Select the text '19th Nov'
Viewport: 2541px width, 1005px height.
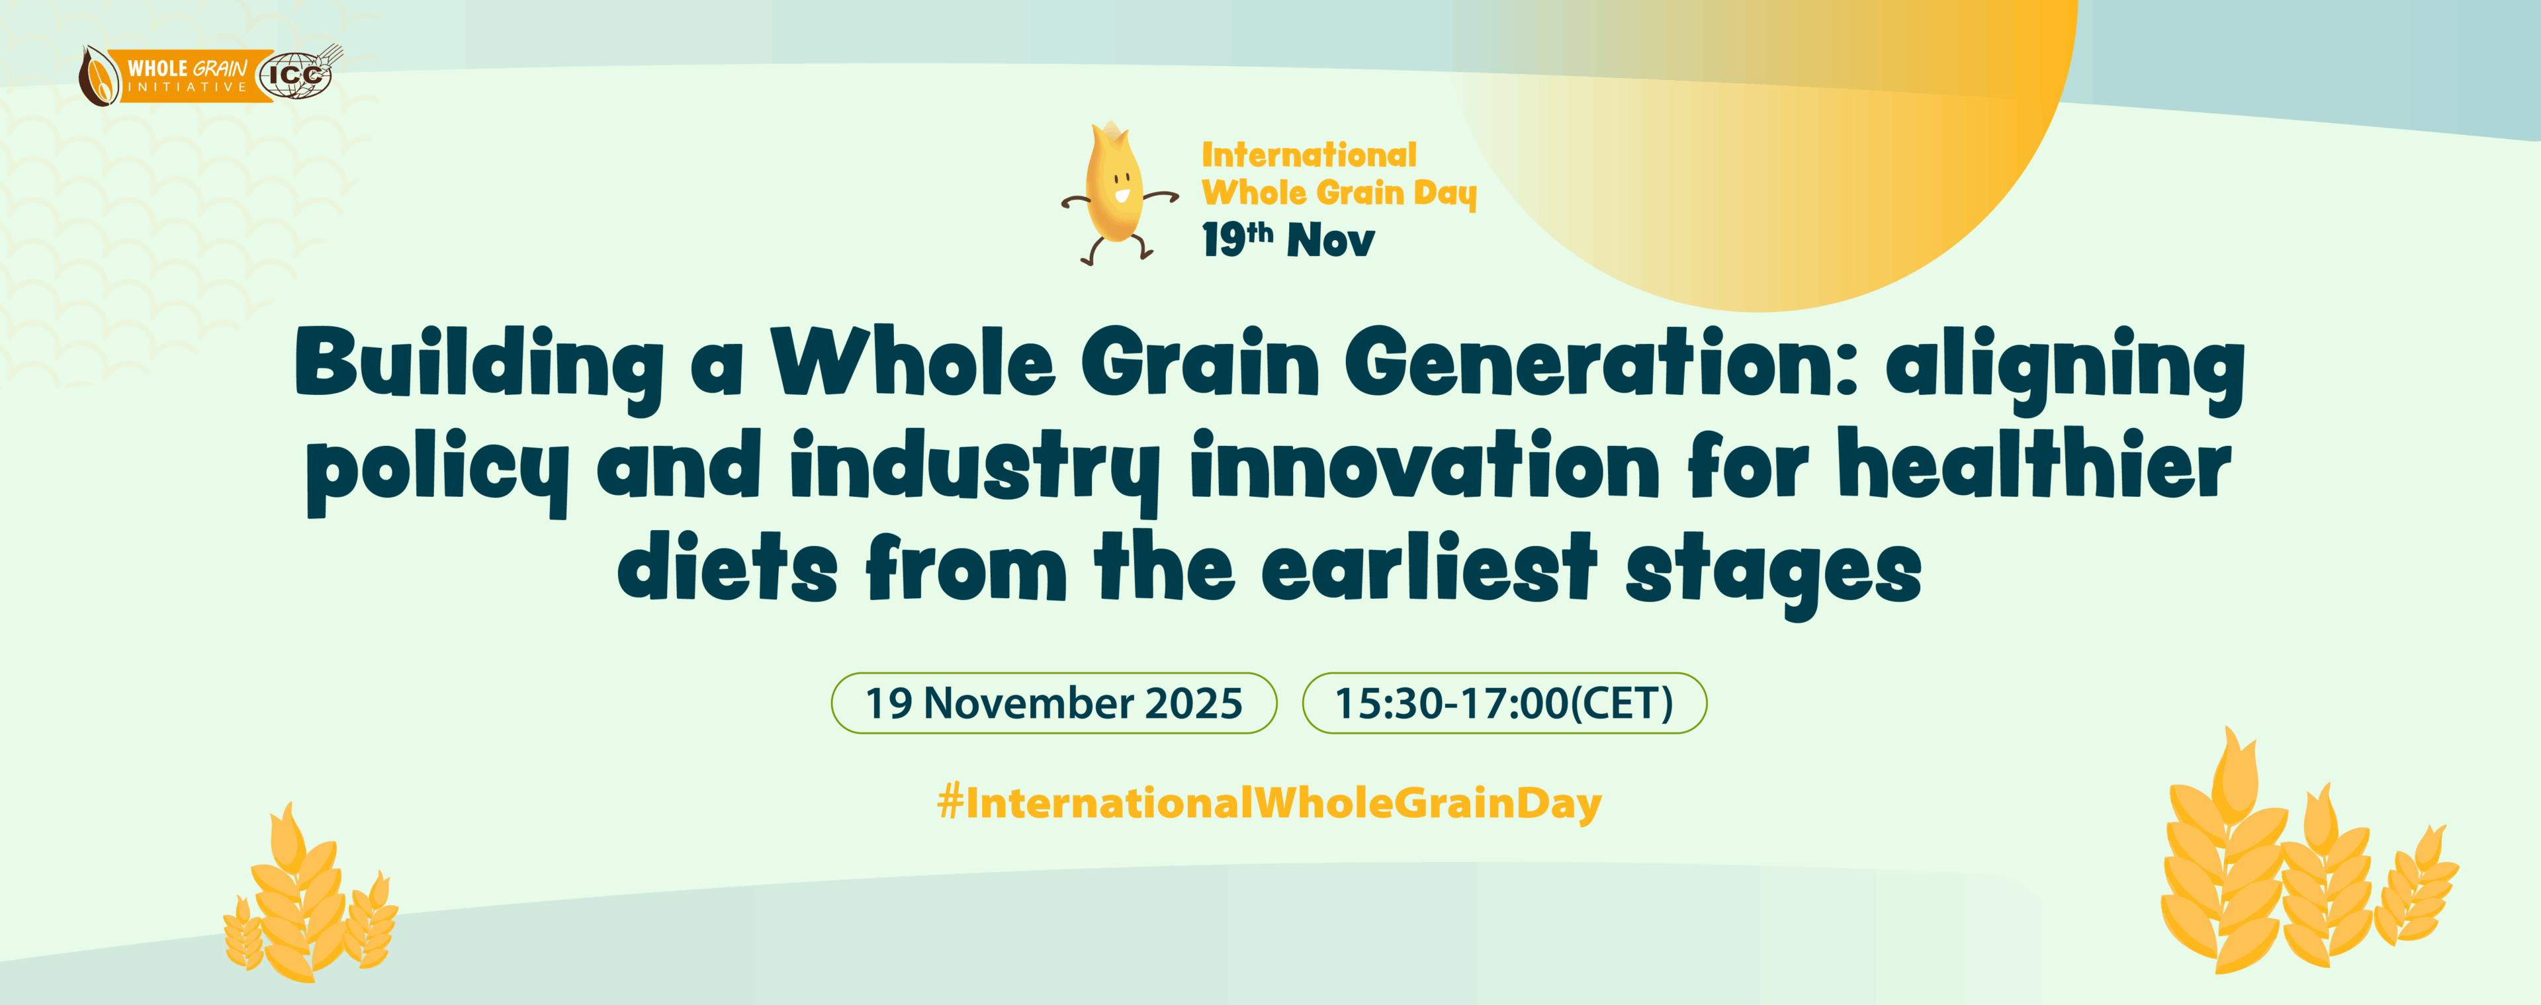[x=1287, y=240]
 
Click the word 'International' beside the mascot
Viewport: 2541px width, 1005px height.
[x=1308, y=155]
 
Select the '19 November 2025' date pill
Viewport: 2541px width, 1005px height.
[x=1053, y=703]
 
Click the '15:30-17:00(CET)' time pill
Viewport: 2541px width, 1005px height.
[x=1504, y=703]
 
